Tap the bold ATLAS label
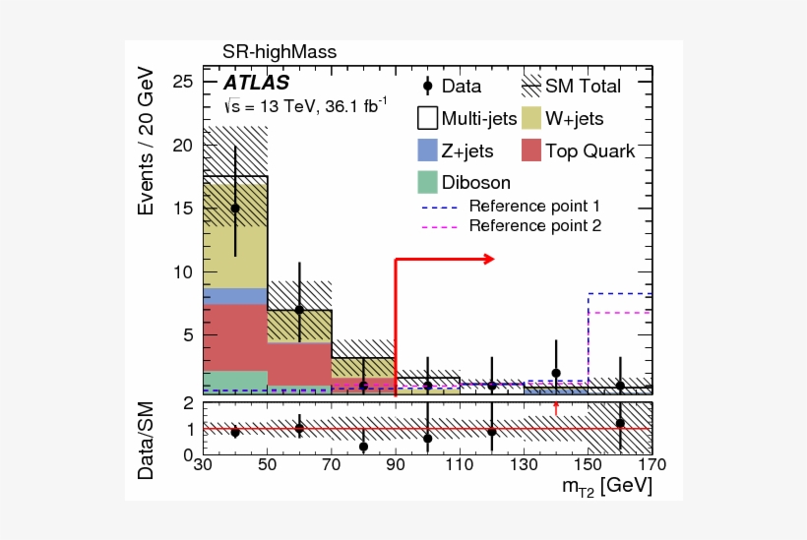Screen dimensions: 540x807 tap(255, 83)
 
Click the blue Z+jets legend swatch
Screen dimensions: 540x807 tap(426, 150)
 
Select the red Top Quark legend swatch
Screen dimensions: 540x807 tap(531, 150)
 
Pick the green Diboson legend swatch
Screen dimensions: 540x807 tap(426, 182)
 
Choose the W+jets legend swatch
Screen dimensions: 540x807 tap(531, 119)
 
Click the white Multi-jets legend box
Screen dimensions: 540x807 tap(426, 119)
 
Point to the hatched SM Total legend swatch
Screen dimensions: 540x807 tap(531, 87)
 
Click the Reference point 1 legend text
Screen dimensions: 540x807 tap(533, 207)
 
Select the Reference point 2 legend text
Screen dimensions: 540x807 tap(533, 226)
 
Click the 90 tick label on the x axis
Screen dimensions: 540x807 tap(394, 465)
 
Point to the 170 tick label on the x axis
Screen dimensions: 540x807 tap(651, 465)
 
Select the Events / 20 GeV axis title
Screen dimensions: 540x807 tap(147, 140)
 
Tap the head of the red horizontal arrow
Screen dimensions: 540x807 tap(489, 259)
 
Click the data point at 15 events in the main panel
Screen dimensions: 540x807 tap(235, 209)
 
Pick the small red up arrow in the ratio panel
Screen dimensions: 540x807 tap(556, 407)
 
